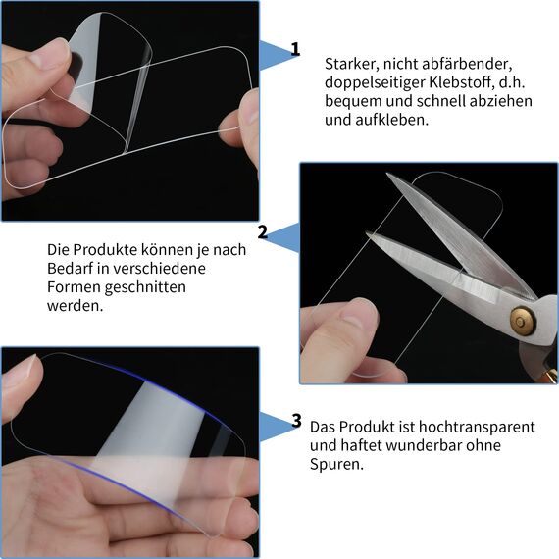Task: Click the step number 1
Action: point(295,50)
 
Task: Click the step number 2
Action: point(262,232)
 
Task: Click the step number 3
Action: point(296,421)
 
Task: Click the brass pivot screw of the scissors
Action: point(519,320)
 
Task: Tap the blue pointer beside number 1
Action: point(279,54)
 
